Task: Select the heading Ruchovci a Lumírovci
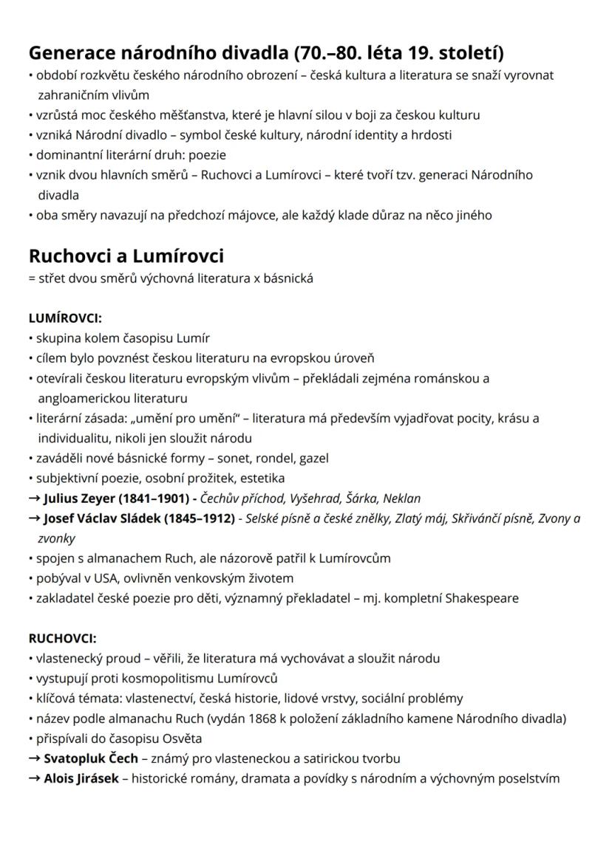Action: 126,256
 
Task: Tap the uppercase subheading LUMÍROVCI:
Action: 65,318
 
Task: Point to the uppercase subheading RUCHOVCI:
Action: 62,638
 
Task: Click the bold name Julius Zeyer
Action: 79,498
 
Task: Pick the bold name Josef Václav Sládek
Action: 100,518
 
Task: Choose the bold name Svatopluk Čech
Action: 90,758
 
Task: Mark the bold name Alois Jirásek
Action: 81,778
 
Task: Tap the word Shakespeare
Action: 482,598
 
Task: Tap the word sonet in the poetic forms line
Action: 219,458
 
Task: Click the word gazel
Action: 314,458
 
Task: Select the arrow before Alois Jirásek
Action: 34,778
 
